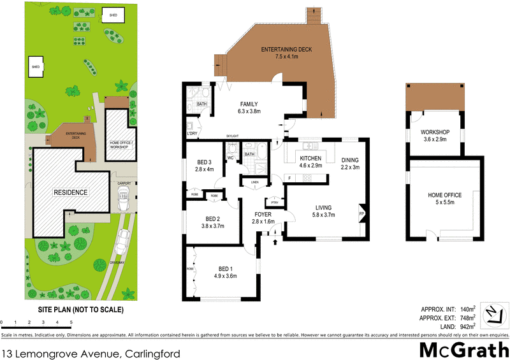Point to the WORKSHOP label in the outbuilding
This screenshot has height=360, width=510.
click(x=432, y=134)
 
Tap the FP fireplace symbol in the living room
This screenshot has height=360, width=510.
click(x=362, y=214)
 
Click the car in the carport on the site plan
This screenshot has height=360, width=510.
click(x=124, y=198)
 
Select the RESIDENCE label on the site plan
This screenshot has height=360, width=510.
click(x=70, y=192)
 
